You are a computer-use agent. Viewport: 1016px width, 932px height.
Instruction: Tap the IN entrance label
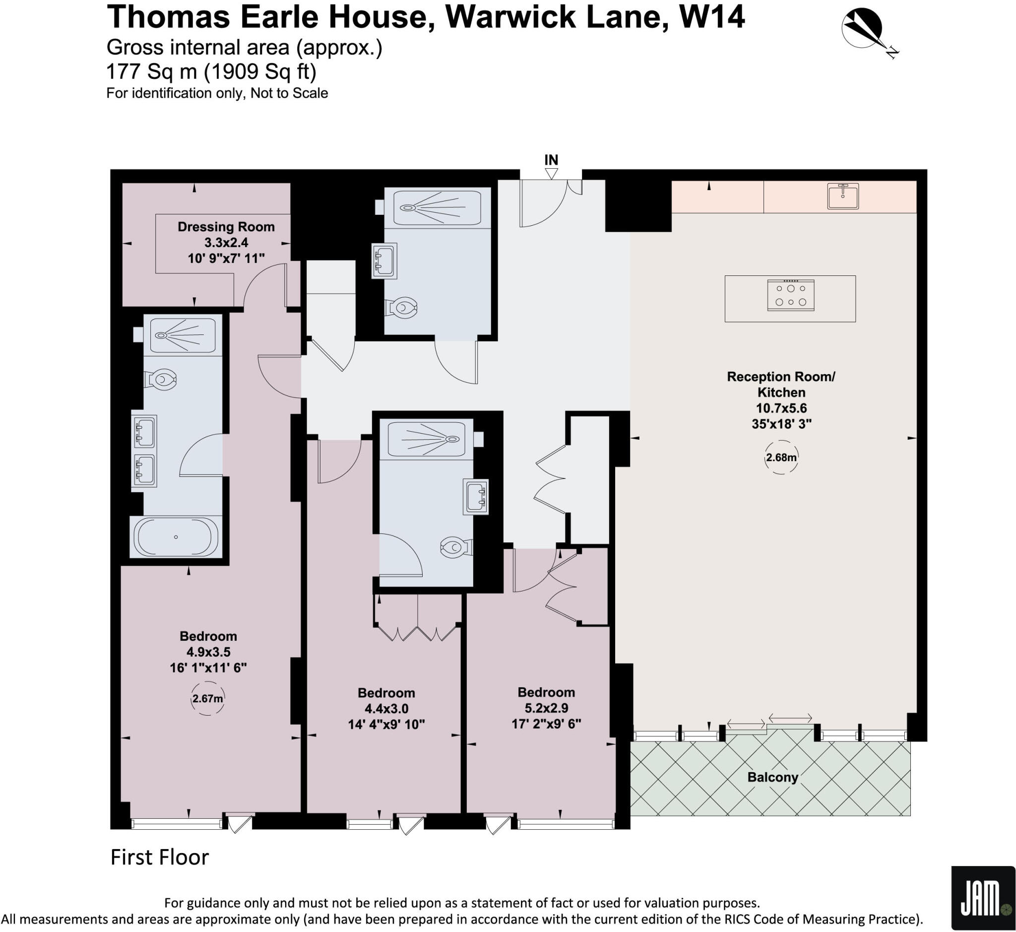click(551, 160)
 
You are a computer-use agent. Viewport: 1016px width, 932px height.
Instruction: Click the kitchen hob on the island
click(790, 295)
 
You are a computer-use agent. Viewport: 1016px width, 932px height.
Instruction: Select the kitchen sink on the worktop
click(842, 196)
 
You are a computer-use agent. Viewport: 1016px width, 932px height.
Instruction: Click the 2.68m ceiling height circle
click(781, 458)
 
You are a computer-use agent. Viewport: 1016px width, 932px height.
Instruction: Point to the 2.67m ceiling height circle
click(207, 699)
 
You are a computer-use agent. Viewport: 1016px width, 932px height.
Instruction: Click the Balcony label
click(772, 777)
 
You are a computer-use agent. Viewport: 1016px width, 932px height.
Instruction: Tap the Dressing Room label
click(226, 227)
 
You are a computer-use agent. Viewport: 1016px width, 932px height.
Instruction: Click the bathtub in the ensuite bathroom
click(176, 537)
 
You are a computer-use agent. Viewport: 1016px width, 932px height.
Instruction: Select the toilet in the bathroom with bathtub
click(161, 379)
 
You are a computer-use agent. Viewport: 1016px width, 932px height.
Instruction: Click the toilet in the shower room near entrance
click(402, 307)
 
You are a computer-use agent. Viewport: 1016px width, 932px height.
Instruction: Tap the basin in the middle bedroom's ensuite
click(475, 497)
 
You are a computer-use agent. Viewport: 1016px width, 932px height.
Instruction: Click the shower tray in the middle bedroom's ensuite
click(426, 439)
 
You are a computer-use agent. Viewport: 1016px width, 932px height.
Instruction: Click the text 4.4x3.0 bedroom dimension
click(386, 709)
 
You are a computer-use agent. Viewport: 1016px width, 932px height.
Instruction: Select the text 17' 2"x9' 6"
click(546, 724)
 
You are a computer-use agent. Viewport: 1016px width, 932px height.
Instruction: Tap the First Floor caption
click(159, 858)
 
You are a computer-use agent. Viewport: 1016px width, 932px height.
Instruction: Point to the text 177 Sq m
click(151, 71)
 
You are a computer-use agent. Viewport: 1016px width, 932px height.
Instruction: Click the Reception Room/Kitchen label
click(781, 384)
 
